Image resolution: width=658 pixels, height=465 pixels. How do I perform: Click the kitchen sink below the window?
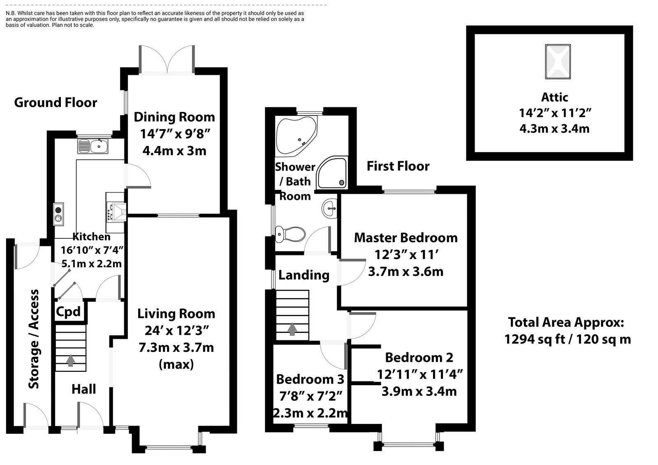[93, 146]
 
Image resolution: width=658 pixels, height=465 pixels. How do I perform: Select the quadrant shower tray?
[332, 174]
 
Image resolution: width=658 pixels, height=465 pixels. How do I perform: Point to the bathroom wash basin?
[330, 208]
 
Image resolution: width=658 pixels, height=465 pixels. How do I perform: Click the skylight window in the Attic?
[558, 62]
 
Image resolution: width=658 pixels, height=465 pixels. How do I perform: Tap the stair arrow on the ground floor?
[71, 360]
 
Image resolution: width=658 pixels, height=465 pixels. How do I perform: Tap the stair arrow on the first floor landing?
[292, 329]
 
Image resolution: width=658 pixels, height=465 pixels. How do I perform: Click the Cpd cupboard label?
[68, 312]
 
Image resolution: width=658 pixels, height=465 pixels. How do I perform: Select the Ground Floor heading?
[56, 102]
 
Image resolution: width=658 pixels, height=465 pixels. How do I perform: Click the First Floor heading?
[398, 166]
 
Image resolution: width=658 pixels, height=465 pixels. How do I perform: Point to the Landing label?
[304, 275]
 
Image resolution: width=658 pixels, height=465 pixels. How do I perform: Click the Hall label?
[84, 389]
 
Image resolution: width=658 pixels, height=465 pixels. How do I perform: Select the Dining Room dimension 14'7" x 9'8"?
[174, 134]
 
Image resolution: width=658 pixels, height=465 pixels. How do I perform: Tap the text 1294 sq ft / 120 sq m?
[567, 339]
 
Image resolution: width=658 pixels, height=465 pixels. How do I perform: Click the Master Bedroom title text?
[405, 238]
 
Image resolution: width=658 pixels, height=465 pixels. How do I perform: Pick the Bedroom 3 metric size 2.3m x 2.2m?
[310, 413]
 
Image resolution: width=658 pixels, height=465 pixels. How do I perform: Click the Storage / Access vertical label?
[34, 339]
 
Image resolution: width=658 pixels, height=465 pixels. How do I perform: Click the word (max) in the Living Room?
[176, 364]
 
